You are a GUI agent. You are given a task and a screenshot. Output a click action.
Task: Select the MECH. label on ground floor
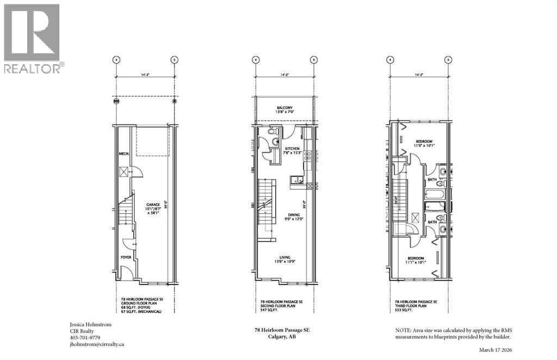tap(123, 154)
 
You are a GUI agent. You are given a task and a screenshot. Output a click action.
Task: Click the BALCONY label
tap(284, 108)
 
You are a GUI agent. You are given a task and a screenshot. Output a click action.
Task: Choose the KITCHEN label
tap(292, 148)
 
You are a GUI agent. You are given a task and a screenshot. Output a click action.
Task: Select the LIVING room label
tap(284, 257)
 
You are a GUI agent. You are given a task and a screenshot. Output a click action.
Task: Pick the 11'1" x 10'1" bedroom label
tap(416, 259)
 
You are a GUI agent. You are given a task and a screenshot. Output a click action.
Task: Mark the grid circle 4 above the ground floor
tap(116, 60)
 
